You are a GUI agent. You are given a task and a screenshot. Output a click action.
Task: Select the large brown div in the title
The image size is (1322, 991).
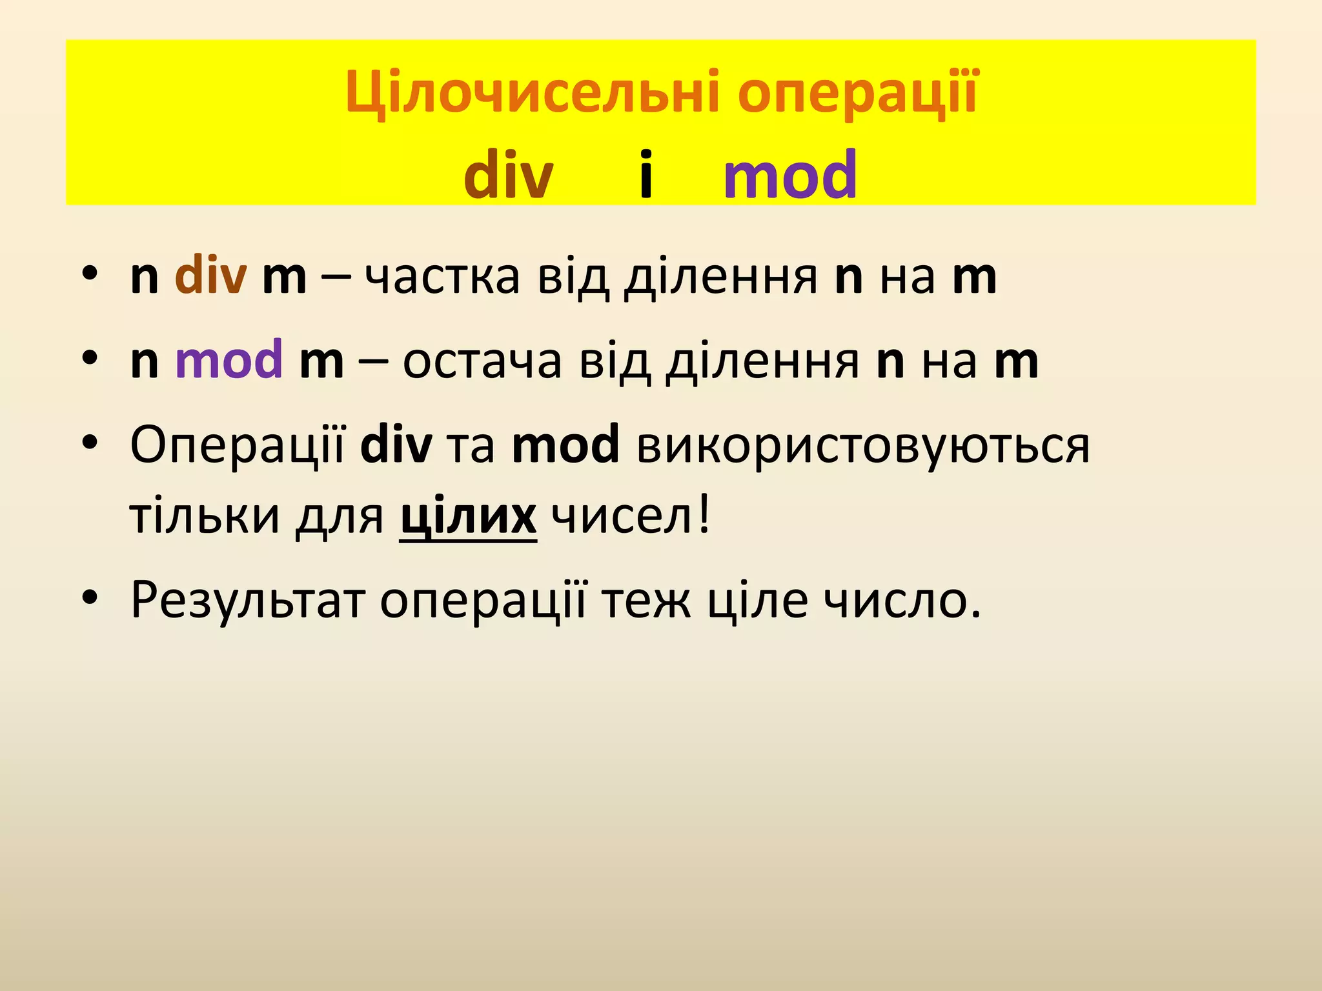coord(509,174)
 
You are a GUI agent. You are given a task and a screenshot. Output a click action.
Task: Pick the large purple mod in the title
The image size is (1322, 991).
coord(790,174)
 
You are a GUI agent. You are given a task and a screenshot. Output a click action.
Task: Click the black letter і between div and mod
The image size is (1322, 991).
coord(646,174)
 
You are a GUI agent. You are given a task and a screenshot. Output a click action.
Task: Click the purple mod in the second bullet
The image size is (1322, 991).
coord(229,359)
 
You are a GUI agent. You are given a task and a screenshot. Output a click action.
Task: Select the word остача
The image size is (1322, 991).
coord(482,361)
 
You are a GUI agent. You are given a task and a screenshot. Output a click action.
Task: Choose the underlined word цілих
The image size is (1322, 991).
coord(468,516)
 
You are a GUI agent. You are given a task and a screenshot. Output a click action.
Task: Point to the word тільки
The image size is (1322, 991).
coord(205,516)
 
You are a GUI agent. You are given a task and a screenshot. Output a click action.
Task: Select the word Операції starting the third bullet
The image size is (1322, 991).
coord(238,445)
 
